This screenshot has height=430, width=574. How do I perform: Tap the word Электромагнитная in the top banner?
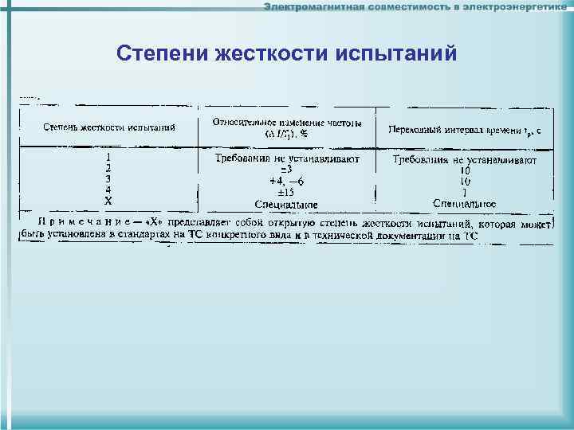(x=315, y=7)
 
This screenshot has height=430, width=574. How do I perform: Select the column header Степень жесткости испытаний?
(x=108, y=127)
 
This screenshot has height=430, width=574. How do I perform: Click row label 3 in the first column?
(x=108, y=180)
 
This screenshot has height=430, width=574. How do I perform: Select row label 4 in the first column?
(x=108, y=190)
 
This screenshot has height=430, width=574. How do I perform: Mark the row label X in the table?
(x=108, y=201)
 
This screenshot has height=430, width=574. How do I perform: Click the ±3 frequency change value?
(x=287, y=170)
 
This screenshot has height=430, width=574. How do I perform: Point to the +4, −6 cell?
(x=287, y=181)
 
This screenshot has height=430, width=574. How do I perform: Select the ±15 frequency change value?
(x=287, y=192)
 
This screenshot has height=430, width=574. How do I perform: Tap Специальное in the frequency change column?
(x=287, y=203)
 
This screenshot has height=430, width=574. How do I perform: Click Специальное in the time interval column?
(x=465, y=204)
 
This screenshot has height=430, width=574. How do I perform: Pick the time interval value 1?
(x=465, y=193)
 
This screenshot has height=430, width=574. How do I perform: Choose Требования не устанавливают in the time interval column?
(x=465, y=160)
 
